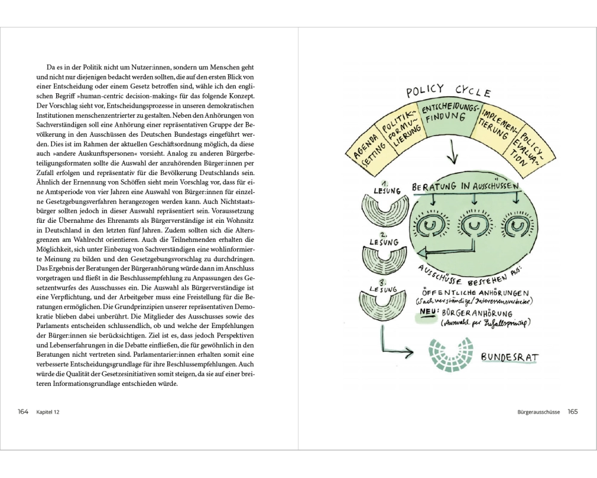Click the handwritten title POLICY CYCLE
click(x=448, y=91)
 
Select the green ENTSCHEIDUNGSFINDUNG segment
click(x=450, y=116)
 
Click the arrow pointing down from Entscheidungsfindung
click(x=451, y=154)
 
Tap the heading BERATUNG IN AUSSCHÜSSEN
click(x=466, y=187)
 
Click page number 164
click(x=23, y=411)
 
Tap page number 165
click(x=573, y=411)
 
